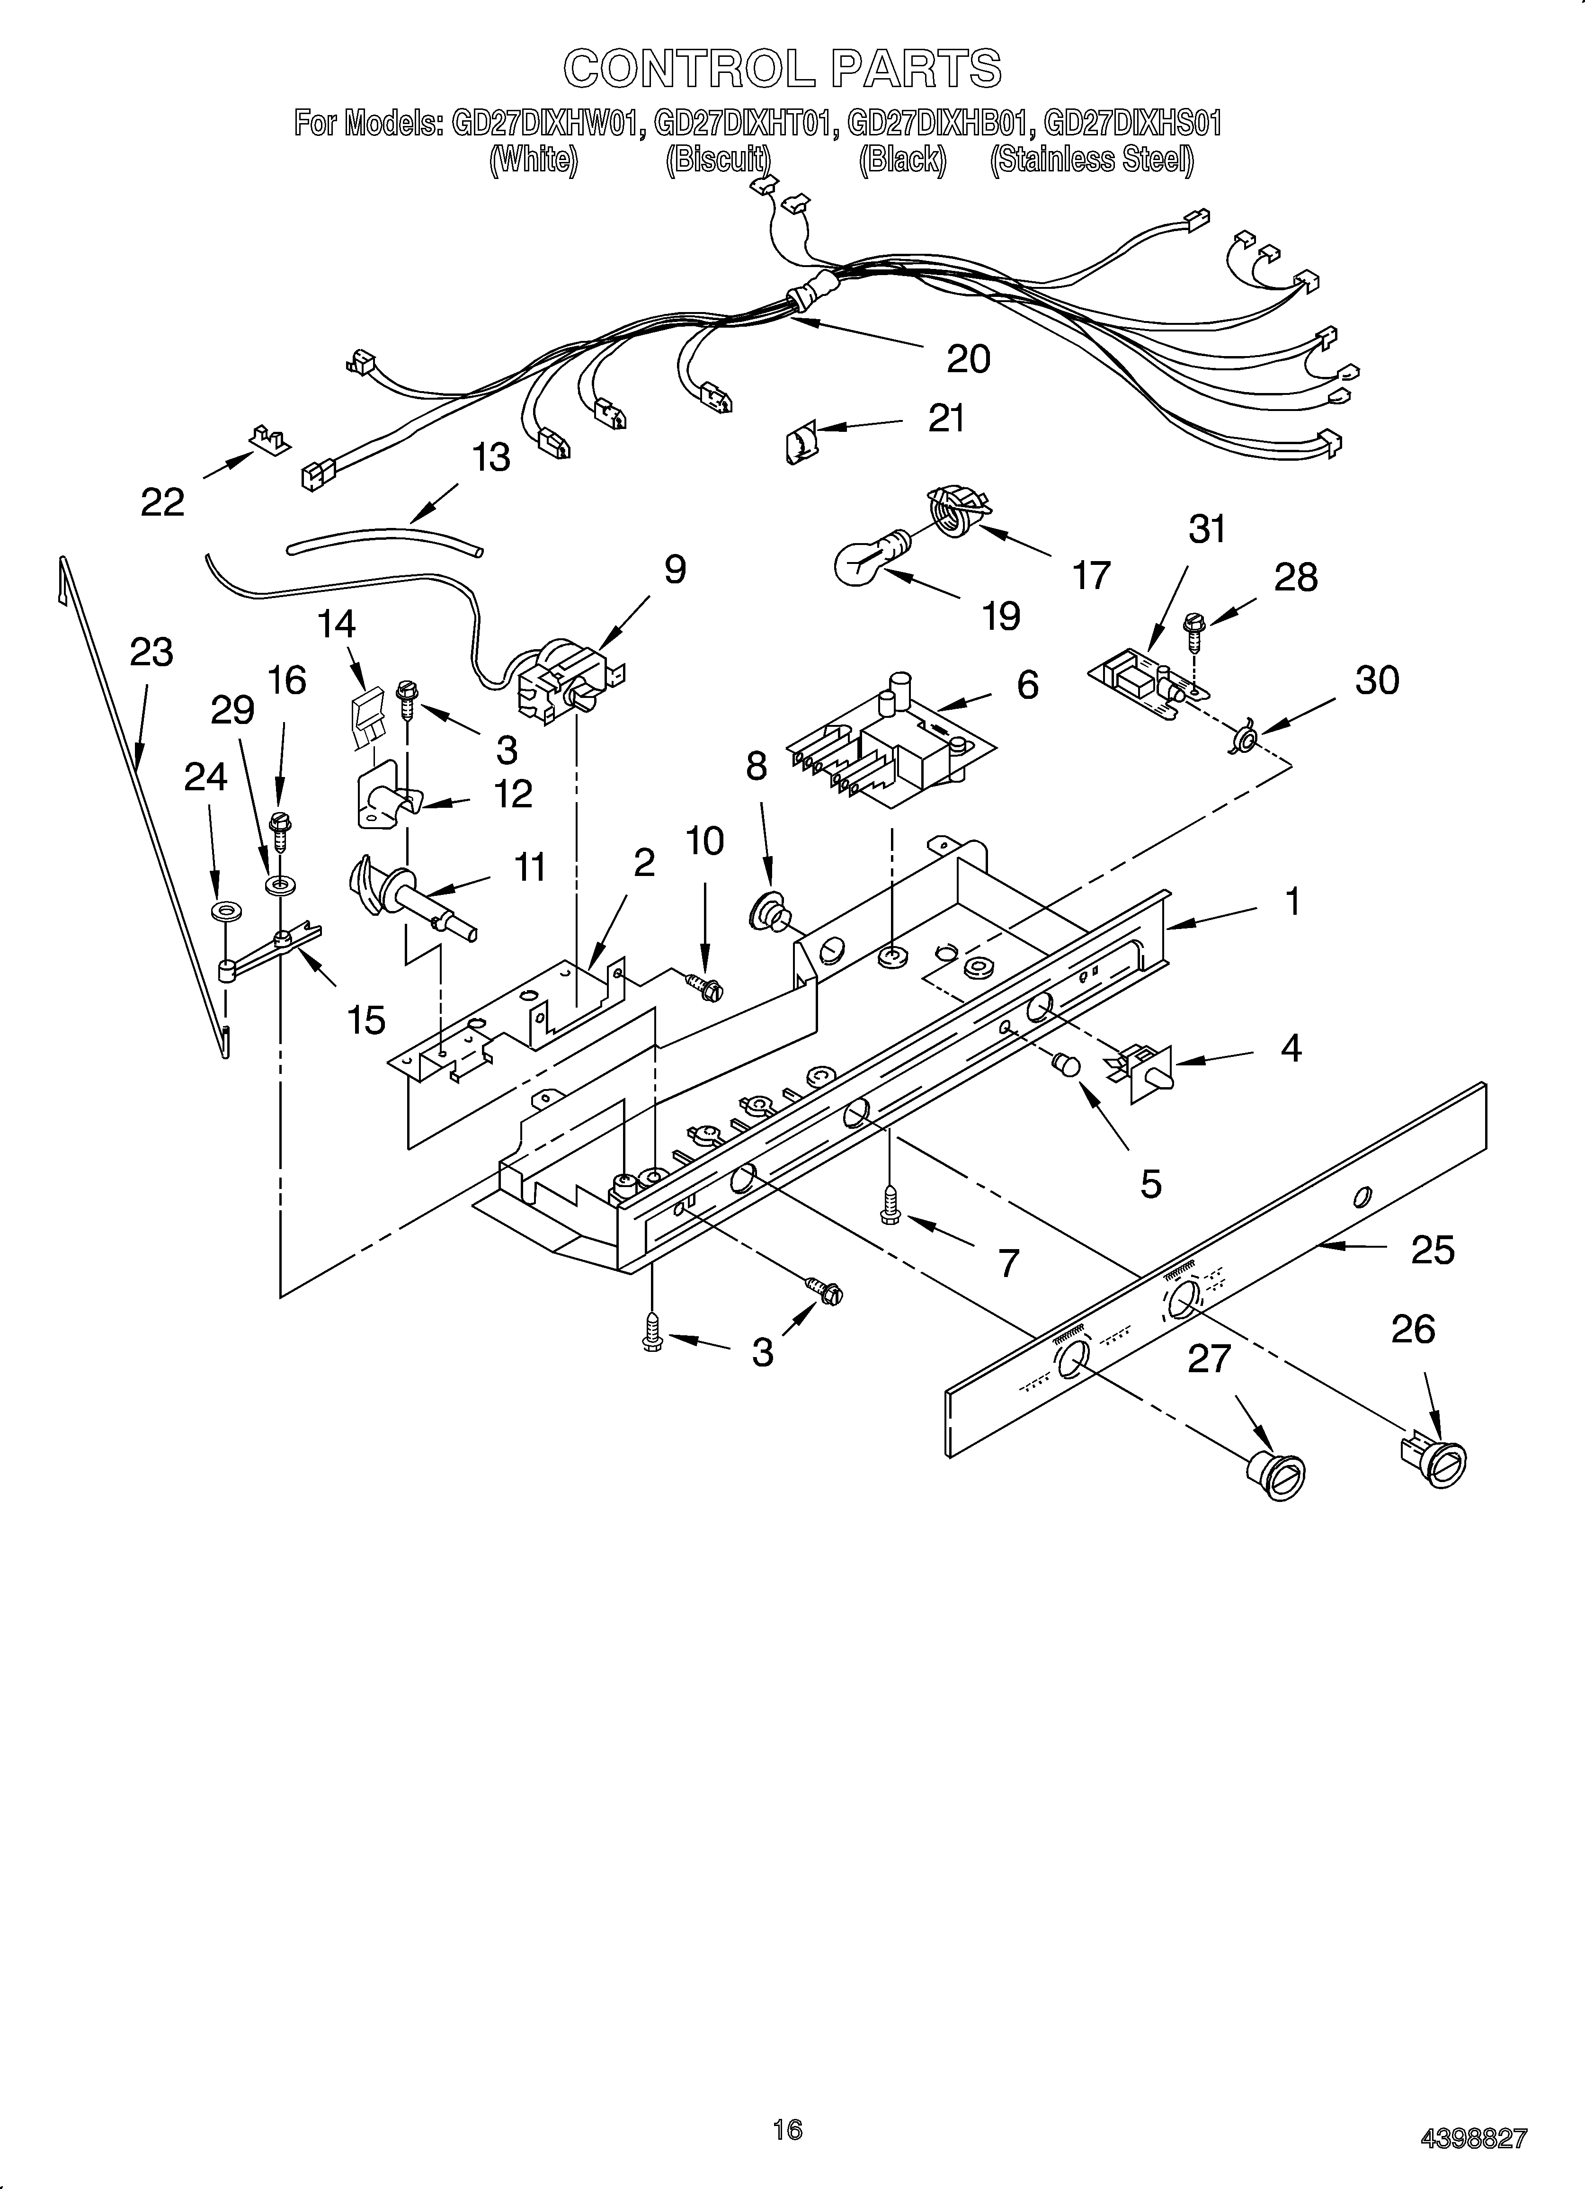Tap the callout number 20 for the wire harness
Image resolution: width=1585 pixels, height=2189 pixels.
[x=968, y=359]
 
